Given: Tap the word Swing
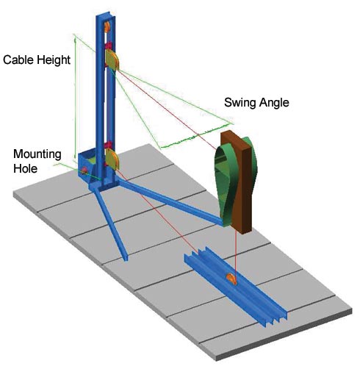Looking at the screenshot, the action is (240, 103).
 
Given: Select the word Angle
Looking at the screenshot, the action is (274, 103).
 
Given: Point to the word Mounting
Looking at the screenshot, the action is (37, 154).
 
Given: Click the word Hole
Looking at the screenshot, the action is (26, 168).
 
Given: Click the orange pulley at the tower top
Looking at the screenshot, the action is (107, 27).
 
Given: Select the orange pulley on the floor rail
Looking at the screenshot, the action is (231, 279).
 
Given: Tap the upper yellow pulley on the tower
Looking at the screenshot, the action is (112, 60).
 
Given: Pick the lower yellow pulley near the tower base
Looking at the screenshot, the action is (112, 159).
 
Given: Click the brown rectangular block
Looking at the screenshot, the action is (239, 182).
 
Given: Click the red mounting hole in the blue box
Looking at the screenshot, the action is (84, 171).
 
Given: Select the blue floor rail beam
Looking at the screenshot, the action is (235, 287).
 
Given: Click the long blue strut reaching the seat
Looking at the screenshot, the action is (171, 202).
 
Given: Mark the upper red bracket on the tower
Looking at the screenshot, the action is (108, 46).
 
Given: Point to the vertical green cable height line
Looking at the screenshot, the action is (75, 98).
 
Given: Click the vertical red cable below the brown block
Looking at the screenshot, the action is (235, 256).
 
